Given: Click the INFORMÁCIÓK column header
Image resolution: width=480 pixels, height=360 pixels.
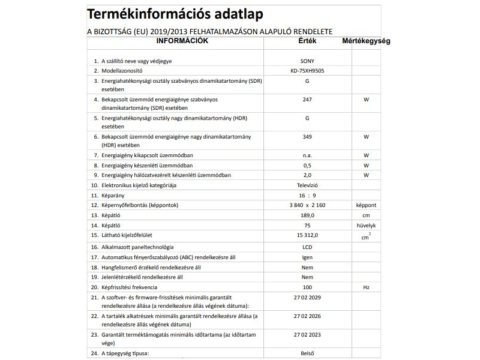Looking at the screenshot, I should tap(182, 41).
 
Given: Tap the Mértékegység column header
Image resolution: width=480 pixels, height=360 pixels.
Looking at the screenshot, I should tap(366, 41).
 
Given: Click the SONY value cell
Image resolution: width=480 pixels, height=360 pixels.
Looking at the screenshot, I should tap(307, 61).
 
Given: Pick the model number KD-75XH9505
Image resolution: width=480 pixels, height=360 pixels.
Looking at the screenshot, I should tap(307, 71).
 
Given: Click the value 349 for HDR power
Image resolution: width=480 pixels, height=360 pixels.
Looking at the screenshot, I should tap(307, 137).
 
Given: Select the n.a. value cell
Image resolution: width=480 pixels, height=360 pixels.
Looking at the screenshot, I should tap(307, 155).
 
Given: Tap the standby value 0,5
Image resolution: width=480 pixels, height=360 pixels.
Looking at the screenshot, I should tap(307, 165).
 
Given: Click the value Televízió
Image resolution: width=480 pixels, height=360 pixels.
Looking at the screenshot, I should tap(307, 185).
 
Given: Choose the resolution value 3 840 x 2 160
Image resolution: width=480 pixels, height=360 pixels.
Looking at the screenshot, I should tap(307, 205).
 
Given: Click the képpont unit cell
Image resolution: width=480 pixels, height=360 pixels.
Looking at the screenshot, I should tap(366, 205).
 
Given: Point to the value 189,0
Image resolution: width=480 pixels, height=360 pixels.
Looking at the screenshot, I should tap(307, 215).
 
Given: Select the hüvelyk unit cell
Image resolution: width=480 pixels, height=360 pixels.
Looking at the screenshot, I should tap(366, 225).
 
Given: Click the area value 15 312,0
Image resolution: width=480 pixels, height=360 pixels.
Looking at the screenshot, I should tap(307, 235).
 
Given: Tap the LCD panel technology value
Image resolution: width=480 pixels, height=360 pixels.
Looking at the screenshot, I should tap(307, 247).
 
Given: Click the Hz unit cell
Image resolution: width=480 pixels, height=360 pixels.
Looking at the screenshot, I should tap(366, 287).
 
